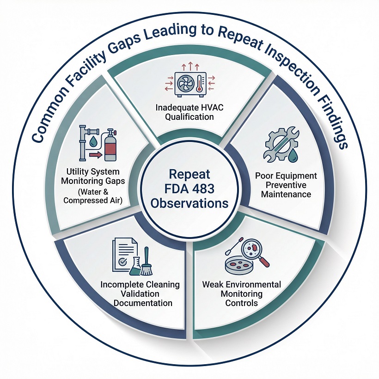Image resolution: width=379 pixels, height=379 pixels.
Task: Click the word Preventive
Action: tap(286, 185)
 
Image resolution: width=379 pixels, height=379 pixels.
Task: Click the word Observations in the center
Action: tap(189, 203)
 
